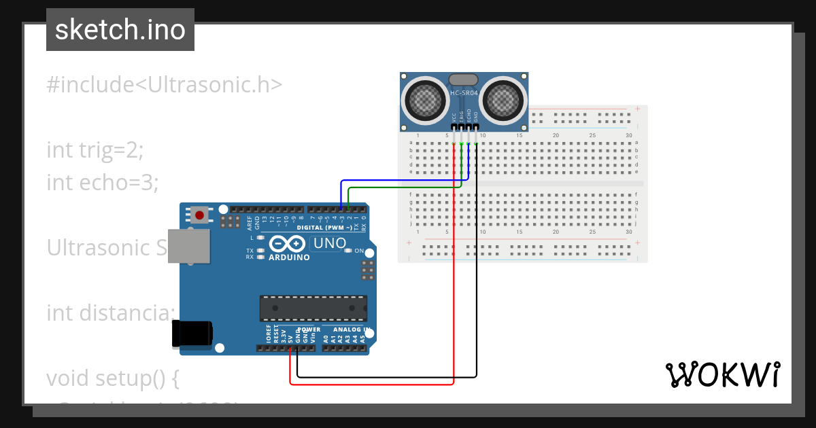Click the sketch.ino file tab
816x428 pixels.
pyautogui.click(x=120, y=30)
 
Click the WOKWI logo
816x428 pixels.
pyautogui.click(x=722, y=374)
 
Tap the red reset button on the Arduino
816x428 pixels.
pyautogui.click(x=199, y=216)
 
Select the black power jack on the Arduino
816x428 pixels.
pyautogui.click(x=192, y=334)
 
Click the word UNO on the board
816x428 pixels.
pyautogui.click(x=328, y=243)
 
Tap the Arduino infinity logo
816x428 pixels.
pyautogui.click(x=288, y=244)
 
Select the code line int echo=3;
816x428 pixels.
pyautogui.click(x=102, y=182)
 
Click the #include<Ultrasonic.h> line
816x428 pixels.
pyautogui.click(x=164, y=85)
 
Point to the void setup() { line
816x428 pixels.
pyautogui.click(x=113, y=378)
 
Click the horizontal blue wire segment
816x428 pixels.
pyautogui.click(x=401, y=181)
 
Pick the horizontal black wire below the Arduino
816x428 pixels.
pyautogui.click(x=387, y=376)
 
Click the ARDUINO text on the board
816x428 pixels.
pyautogui.click(x=289, y=257)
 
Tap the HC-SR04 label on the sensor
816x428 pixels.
pyautogui.click(x=464, y=92)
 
